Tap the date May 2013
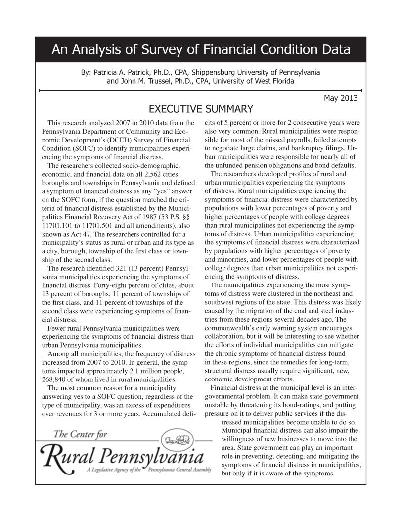(x=341, y=98)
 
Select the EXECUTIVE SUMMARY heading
(x=201, y=109)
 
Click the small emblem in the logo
(x=176, y=438)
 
